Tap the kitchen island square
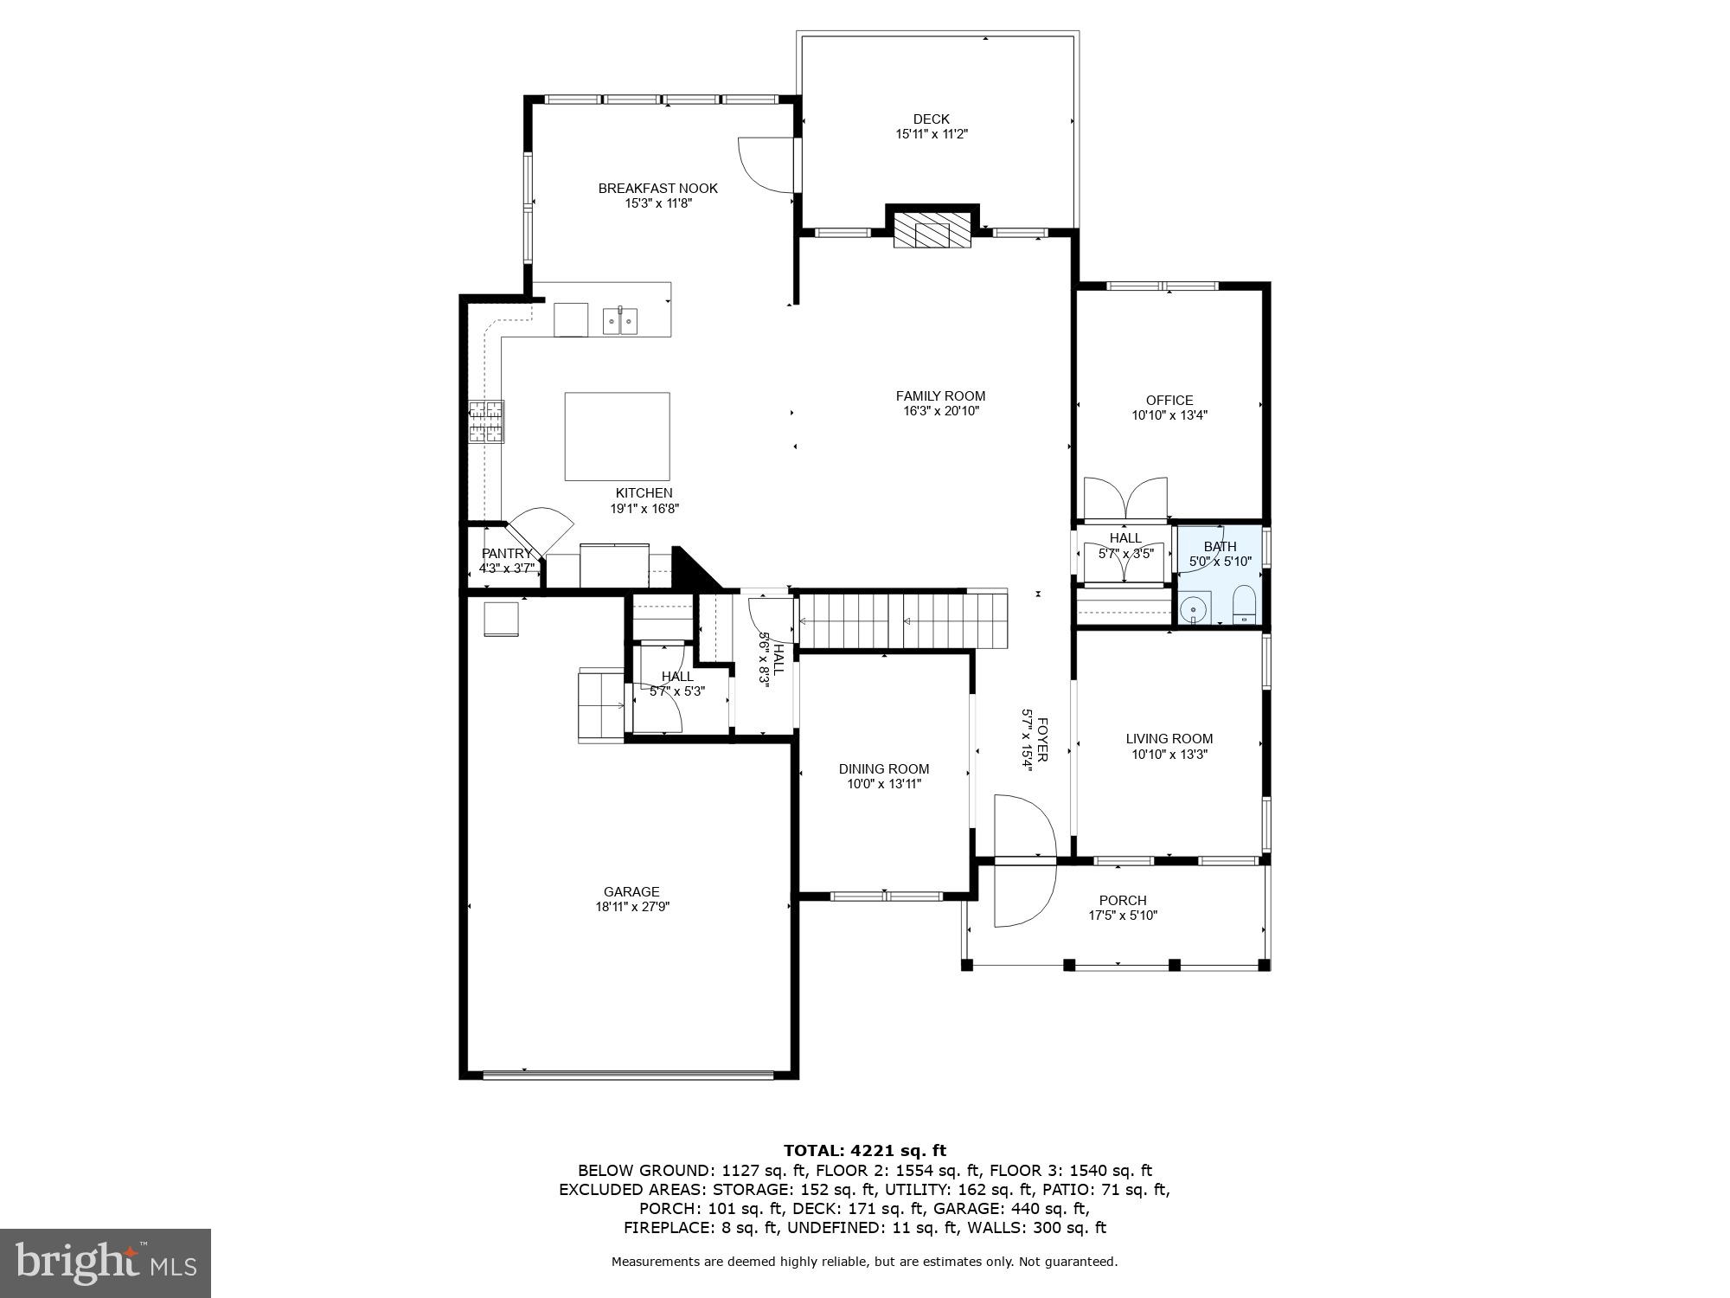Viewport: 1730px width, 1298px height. (x=617, y=436)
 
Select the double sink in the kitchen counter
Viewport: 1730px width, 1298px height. (x=620, y=320)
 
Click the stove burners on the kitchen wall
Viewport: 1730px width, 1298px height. (x=486, y=422)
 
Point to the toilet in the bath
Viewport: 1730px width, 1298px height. (x=1243, y=603)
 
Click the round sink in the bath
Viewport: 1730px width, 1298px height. (x=1195, y=609)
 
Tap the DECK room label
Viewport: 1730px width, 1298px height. (x=931, y=119)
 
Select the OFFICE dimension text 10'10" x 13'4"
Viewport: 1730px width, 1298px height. (x=1169, y=415)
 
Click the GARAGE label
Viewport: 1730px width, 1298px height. (x=631, y=891)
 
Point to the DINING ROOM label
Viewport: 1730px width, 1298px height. (x=883, y=768)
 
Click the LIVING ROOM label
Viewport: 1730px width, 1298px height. (x=1169, y=738)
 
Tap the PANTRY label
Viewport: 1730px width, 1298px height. (x=507, y=554)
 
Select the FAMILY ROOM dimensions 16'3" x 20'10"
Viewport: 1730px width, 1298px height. (x=940, y=411)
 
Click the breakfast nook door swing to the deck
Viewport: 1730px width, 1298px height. (x=766, y=164)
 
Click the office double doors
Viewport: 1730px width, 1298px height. (x=1124, y=498)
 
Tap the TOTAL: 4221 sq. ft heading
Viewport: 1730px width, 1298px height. (x=864, y=1150)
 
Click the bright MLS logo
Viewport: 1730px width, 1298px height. (x=106, y=1263)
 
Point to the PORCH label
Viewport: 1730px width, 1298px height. (x=1122, y=900)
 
